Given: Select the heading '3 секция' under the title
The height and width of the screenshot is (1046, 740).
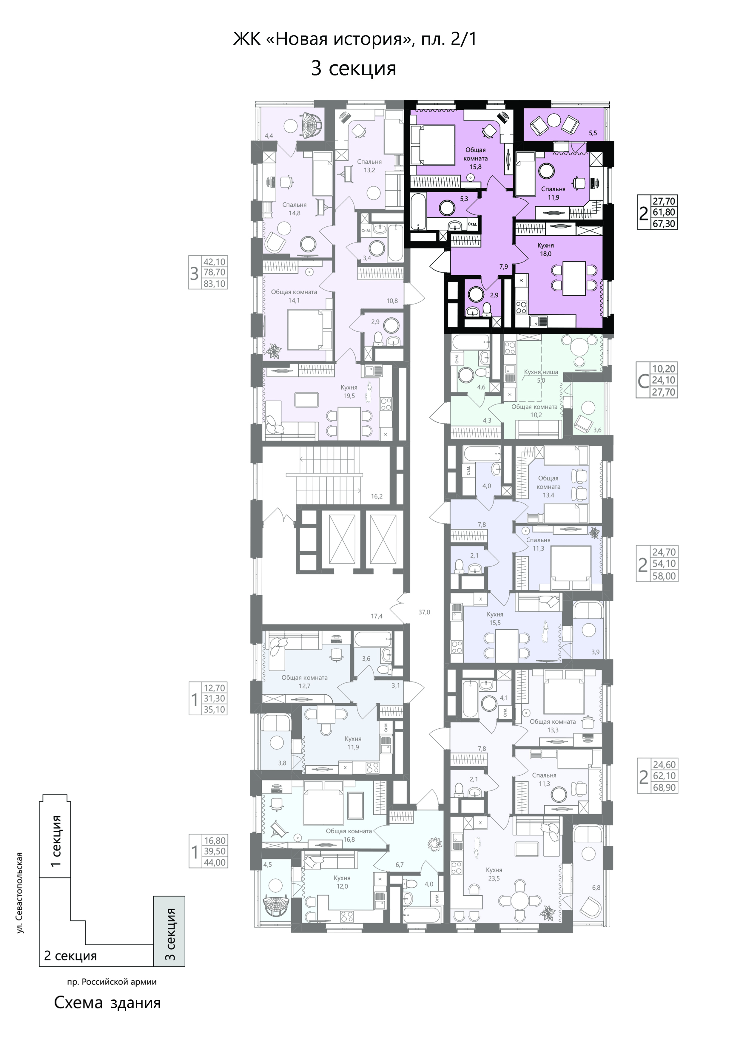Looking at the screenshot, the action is tap(354, 68).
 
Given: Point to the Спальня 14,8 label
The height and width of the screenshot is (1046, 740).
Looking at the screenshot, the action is tap(295, 209).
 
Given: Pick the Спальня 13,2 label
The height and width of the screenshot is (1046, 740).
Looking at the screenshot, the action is tap(369, 166).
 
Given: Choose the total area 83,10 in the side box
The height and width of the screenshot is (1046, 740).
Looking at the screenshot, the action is tap(215, 283).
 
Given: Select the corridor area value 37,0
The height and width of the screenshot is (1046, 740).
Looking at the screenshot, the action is tap(424, 612).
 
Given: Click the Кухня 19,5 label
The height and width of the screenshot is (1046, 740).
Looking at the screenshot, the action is tap(349, 392).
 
